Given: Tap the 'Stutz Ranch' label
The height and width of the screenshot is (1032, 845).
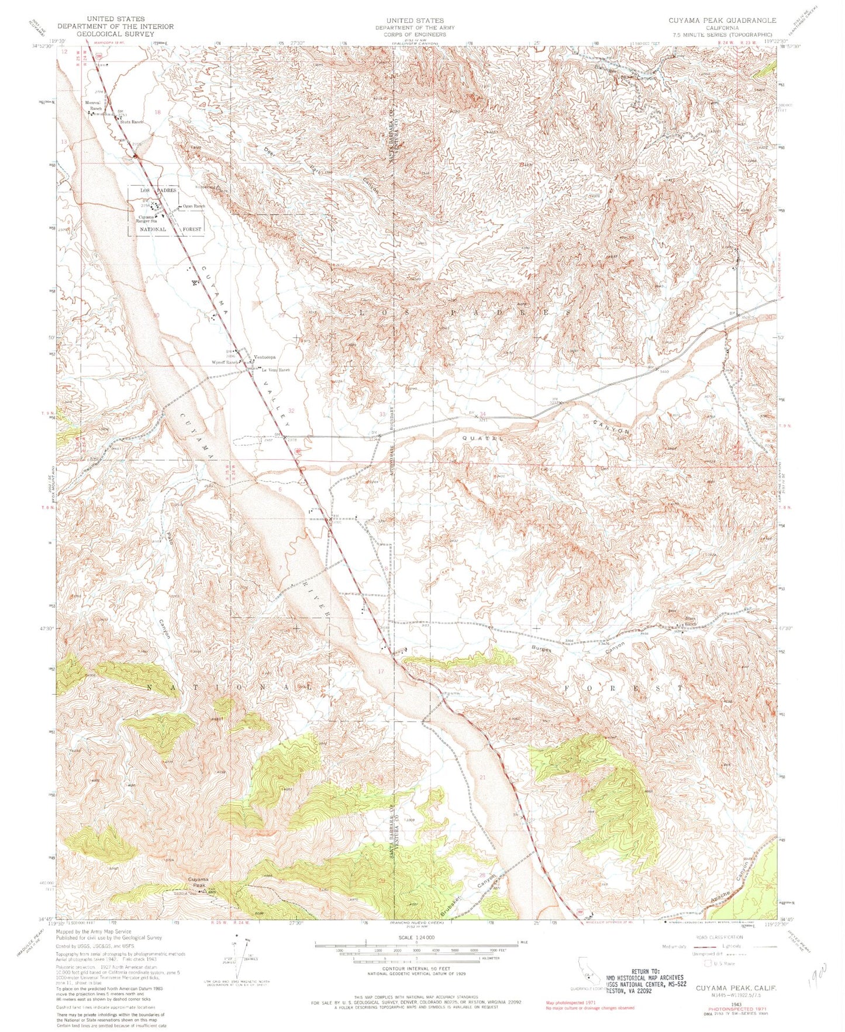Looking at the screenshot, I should point(132,122).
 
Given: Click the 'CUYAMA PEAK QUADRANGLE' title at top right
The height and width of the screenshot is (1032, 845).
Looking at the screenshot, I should point(723,20).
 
